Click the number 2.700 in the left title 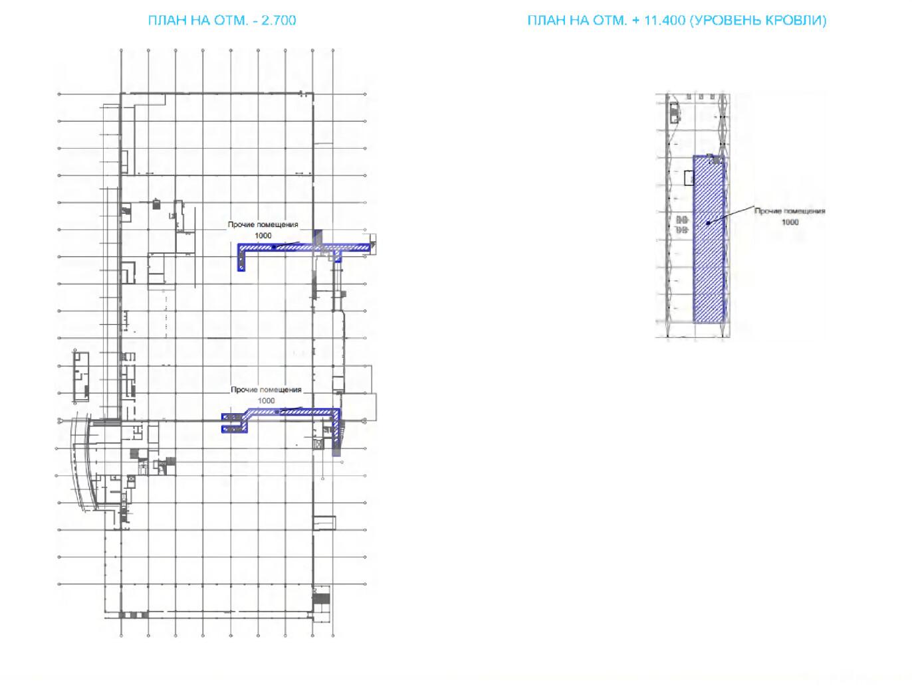(x=279, y=20)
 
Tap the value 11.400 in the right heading (x=664, y=20)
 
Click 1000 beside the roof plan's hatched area (x=790, y=222)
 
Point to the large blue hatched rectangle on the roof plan (x=709, y=239)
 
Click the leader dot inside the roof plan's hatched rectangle (x=708, y=223)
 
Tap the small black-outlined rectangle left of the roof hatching (x=689, y=178)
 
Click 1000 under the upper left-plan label (x=263, y=235)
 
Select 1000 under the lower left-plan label (x=266, y=400)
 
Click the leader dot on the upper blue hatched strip (x=274, y=248)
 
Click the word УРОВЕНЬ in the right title (x=725, y=20)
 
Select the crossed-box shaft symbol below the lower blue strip (x=318, y=444)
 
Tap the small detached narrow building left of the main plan (x=81, y=377)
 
